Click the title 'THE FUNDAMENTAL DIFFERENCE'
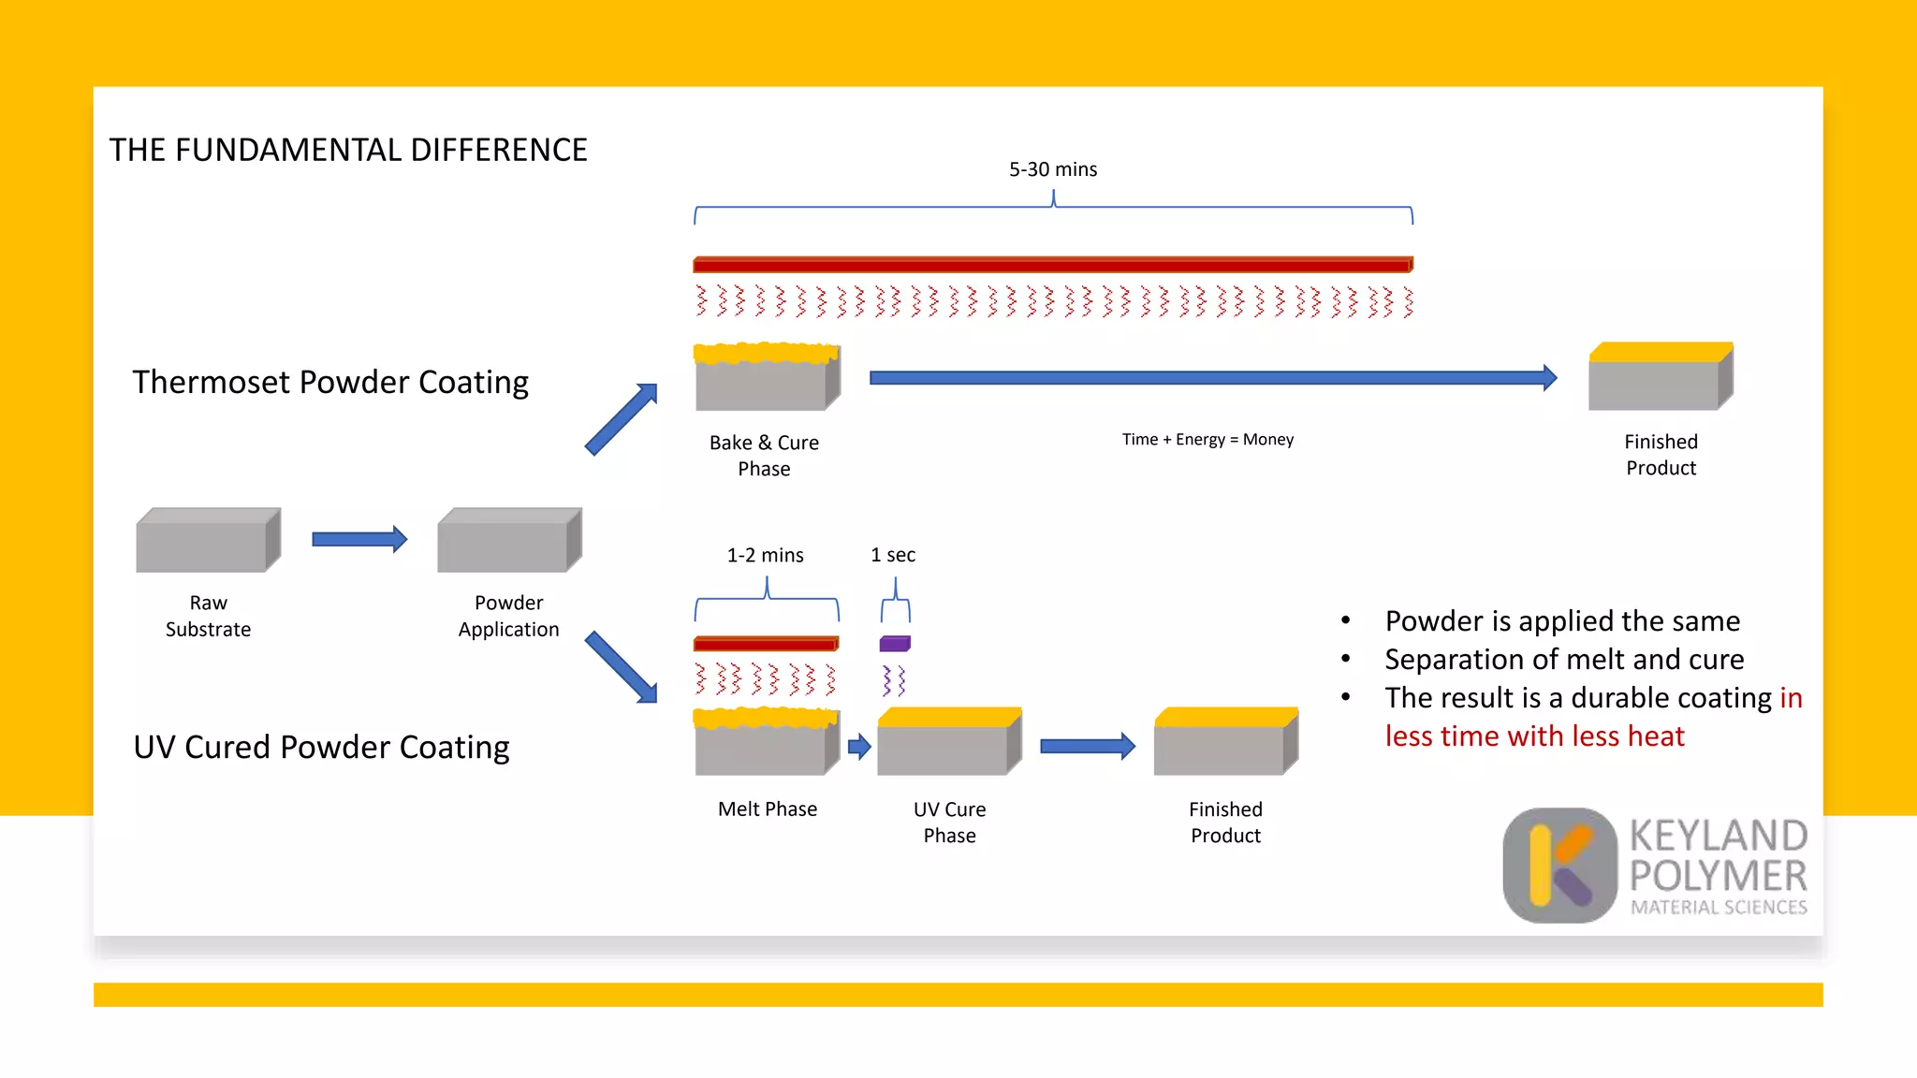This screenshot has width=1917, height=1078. [x=348, y=150]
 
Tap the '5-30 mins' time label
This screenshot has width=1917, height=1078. [x=1052, y=169]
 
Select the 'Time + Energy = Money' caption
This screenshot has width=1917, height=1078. [x=1207, y=440]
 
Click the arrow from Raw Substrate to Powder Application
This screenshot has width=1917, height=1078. [x=359, y=539]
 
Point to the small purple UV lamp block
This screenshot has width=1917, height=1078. [x=895, y=644]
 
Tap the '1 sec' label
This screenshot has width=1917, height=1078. [x=893, y=555]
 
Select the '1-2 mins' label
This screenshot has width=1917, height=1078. [x=765, y=555]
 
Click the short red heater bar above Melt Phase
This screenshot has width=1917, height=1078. [x=766, y=644]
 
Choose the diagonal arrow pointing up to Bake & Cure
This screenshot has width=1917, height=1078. [x=622, y=419]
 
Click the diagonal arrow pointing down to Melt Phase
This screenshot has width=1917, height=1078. [x=622, y=667]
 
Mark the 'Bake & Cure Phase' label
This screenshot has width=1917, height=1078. [x=764, y=456]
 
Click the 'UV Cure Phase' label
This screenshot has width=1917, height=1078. [x=949, y=823]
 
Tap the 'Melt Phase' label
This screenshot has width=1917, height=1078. [x=767, y=809]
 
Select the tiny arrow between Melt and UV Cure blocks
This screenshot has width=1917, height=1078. [x=859, y=747]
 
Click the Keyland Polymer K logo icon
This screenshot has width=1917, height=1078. [x=1559, y=866]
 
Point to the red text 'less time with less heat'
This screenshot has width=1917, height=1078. [x=1534, y=736]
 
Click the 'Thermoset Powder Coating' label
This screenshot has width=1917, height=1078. [x=330, y=382]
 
